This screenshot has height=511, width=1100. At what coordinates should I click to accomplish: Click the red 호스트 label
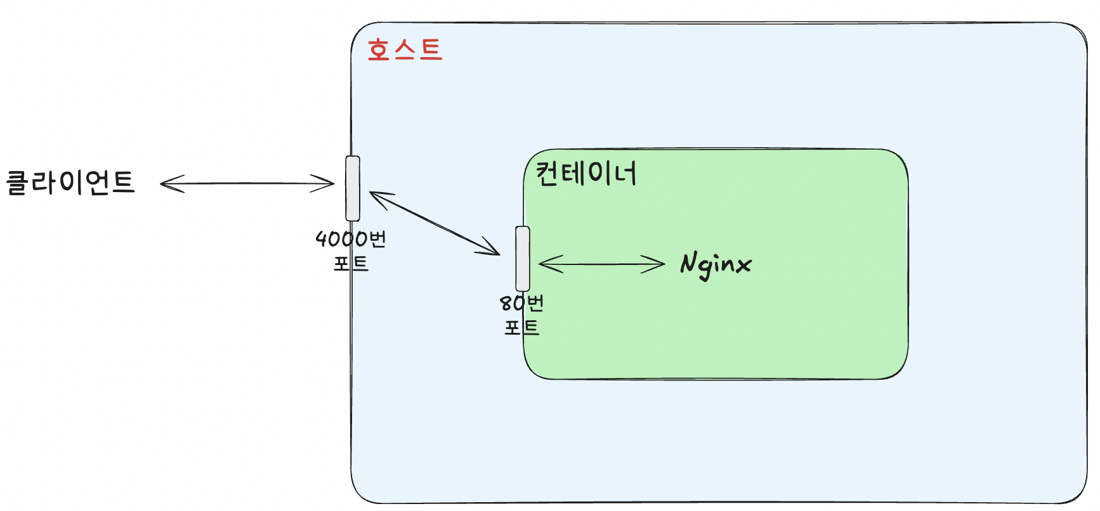click(405, 49)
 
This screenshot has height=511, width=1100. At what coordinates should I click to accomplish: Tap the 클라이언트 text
click(70, 183)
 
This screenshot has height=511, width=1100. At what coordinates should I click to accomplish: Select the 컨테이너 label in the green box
click(586, 173)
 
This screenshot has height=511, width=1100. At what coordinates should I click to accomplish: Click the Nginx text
click(716, 264)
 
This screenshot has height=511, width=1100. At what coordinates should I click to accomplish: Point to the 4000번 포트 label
click(351, 250)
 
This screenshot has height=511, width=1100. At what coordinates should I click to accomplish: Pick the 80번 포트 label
click(521, 315)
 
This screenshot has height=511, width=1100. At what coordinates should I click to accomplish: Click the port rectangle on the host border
click(353, 188)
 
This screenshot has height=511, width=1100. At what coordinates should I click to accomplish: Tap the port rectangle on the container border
click(522, 258)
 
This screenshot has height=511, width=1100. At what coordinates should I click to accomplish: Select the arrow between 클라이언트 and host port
click(247, 184)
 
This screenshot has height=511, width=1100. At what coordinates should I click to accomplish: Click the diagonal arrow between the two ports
click(435, 223)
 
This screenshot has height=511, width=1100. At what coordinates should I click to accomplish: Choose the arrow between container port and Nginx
click(601, 264)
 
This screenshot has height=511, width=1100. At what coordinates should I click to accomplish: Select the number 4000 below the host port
click(341, 239)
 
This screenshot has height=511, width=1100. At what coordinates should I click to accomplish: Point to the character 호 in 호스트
click(379, 49)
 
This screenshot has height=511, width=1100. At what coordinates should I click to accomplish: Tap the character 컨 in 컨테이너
click(547, 173)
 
